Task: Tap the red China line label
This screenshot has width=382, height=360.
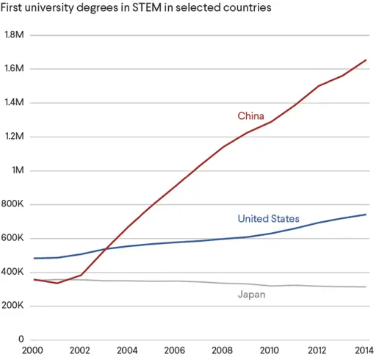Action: (x=251, y=116)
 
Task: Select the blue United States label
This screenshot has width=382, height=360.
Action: (x=268, y=218)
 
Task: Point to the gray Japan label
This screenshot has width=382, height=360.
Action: (x=251, y=295)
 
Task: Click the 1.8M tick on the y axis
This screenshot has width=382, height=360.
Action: (x=15, y=35)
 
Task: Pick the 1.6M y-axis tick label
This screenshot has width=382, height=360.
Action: (x=15, y=69)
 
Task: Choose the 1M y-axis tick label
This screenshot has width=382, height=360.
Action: (x=18, y=170)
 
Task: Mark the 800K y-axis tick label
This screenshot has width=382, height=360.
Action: (x=15, y=205)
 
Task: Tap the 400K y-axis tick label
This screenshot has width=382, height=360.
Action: (x=15, y=273)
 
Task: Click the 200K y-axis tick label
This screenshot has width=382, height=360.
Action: (x=15, y=306)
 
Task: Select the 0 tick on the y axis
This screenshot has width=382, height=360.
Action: (x=22, y=340)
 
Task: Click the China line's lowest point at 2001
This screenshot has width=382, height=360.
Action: (x=58, y=283)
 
